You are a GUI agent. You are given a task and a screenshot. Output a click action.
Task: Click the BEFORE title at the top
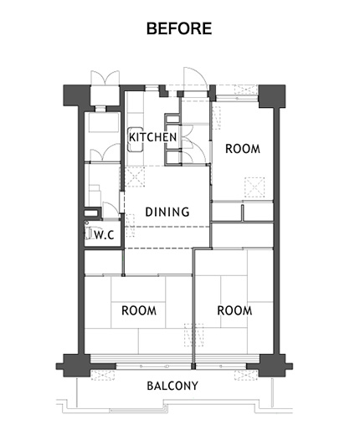click(179, 28)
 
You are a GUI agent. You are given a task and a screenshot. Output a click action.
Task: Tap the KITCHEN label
click(153, 137)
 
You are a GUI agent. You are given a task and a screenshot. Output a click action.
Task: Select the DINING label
click(167, 212)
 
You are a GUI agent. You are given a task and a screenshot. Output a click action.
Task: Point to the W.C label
click(105, 235)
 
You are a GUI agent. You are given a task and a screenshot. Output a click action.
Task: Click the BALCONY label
click(172, 386)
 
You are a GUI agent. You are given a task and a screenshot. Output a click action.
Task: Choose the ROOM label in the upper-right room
click(243, 149)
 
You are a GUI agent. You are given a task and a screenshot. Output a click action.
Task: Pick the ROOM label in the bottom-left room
click(139, 310)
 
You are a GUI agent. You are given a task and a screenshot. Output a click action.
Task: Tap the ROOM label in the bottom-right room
click(234, 310)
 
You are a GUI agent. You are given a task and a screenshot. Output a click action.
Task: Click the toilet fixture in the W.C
click(88, 233)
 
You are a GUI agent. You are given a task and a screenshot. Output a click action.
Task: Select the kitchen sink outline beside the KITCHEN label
click(135, 140)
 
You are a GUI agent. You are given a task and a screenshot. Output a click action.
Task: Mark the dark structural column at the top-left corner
click(77, 95)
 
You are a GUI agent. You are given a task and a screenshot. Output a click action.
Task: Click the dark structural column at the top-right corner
click(272, 96)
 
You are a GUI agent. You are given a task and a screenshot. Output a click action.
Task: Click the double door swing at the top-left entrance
click(105, 78)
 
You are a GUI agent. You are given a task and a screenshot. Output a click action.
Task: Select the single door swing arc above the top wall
click(195, 76)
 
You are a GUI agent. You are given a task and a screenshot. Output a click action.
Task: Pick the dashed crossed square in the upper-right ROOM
click(255, 187)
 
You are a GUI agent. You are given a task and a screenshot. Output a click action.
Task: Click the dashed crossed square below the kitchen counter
click(135, 177)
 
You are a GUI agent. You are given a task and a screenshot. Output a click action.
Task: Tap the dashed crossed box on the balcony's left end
click(103, 376)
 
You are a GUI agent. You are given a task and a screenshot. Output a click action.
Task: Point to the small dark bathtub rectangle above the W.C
click(92, 213)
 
